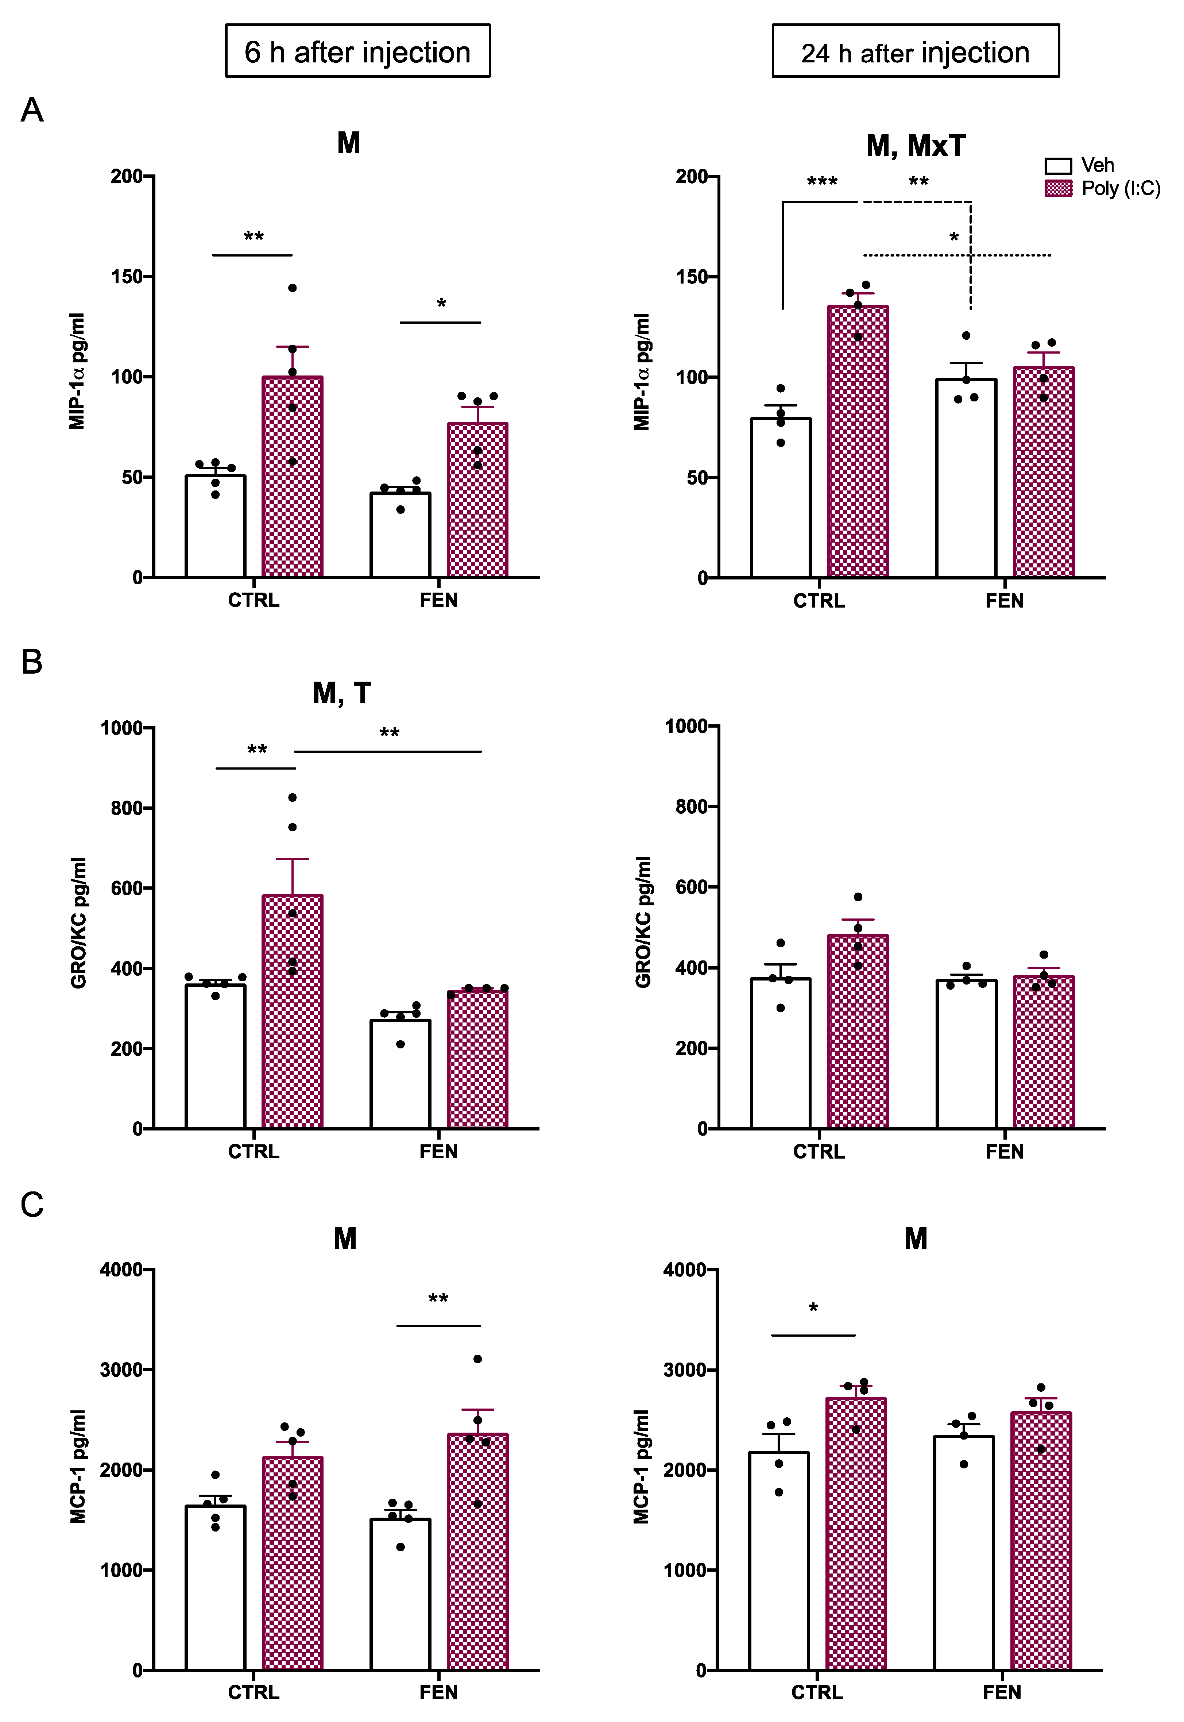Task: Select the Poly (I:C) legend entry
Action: coord(1102,189)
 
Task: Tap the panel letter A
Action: coord(32,111)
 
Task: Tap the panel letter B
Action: coord(32,661)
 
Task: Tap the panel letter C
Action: coord(32,1205)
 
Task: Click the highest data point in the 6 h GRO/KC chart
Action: coord(292,797)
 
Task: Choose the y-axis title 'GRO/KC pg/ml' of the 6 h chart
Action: coord(80,922)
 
